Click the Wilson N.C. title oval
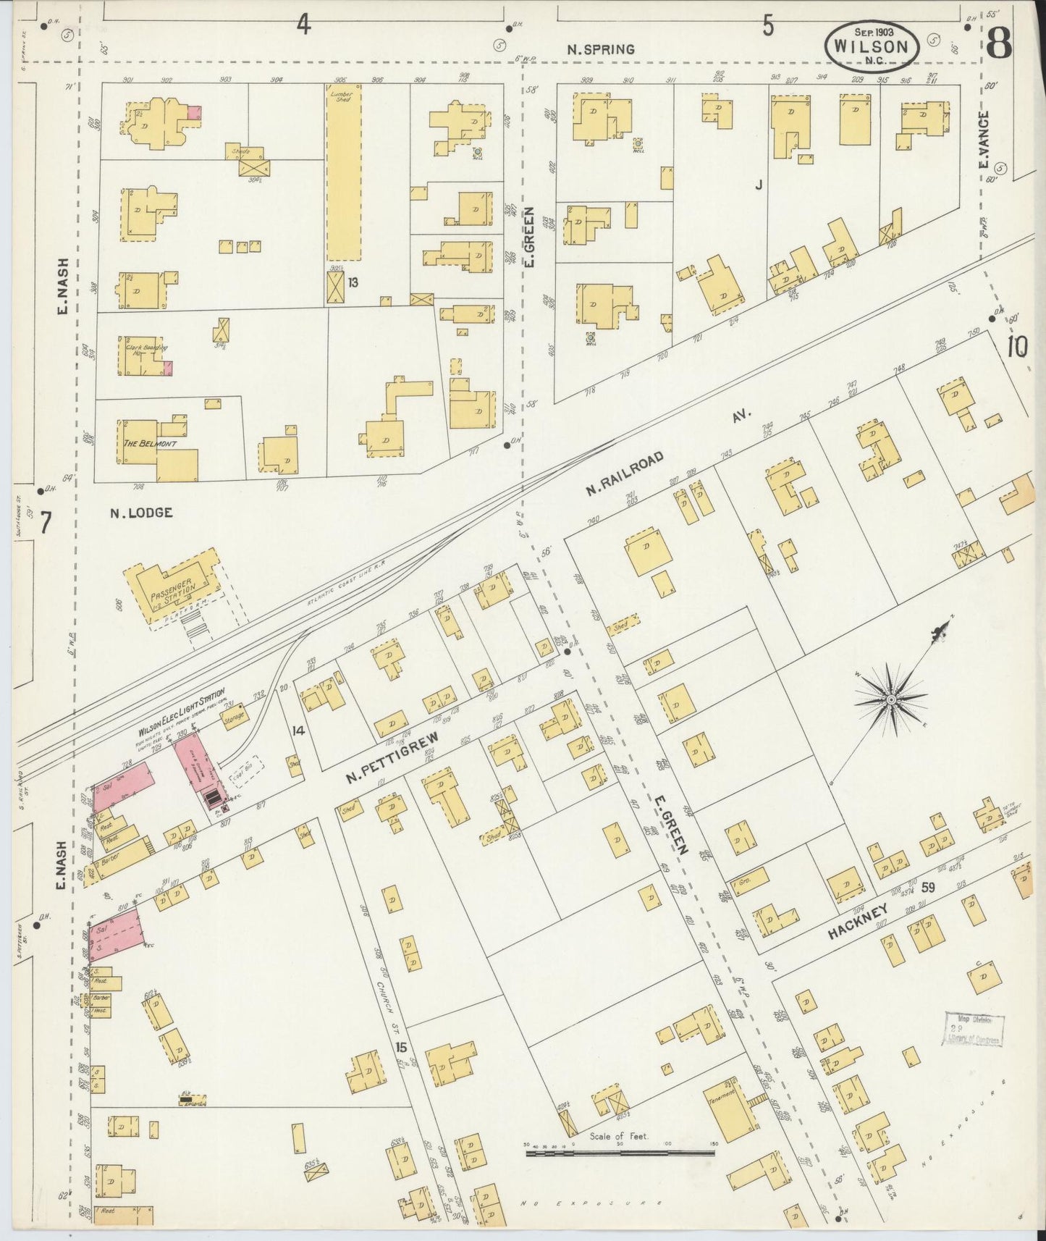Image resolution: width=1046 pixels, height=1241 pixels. point(872,45)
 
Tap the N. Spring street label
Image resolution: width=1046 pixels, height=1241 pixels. point(600,49)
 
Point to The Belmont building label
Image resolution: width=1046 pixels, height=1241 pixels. point(150,443)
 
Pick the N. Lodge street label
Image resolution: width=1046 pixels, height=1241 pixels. point(141,513)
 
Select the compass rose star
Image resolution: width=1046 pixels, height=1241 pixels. point(891,699)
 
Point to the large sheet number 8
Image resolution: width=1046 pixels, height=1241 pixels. point(999,45)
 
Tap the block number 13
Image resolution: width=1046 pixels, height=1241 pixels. point(353,281)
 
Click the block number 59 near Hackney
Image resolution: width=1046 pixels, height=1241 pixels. point(928,887)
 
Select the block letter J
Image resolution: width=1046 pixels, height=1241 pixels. point(759,185)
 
